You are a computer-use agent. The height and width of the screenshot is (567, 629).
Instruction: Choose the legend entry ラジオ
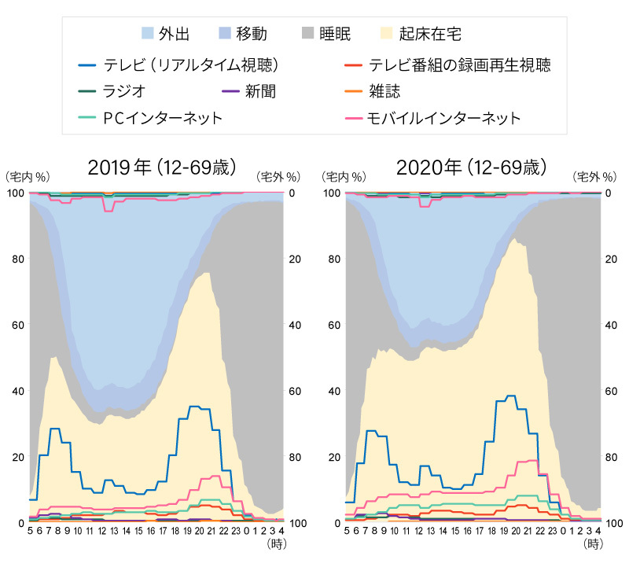tap(124, 91)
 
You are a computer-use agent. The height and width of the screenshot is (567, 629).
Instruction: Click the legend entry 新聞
tap(260, 91)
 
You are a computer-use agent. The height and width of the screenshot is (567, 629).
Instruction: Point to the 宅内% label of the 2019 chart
tap(27, 177)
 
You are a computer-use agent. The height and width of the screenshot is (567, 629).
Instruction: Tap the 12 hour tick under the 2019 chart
tap(101, 531)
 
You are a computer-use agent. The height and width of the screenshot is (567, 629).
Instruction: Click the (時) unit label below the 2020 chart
tap(591, 544)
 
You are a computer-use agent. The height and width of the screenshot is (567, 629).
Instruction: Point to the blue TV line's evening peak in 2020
tap(511, 396)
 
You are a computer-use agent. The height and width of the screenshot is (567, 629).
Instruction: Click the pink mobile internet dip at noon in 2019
tap(108, 210)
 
